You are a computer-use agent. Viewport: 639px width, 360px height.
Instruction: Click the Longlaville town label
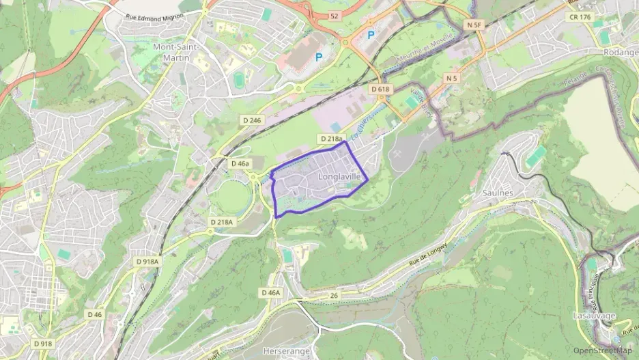point(339,176)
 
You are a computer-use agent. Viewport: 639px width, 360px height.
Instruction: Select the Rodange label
point(620,52)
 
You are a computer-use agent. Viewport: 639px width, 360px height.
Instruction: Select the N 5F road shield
point(474,25)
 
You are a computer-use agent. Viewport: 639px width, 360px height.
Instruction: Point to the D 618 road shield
point(380,89)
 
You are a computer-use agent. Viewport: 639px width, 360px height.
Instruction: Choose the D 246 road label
point(252,120)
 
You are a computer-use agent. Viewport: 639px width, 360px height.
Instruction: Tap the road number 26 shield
point(333,295)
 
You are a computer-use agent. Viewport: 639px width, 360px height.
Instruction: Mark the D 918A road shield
point(147,261)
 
